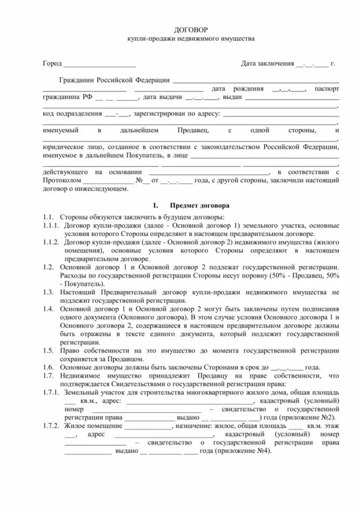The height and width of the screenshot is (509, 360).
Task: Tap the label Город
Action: click(52, 63)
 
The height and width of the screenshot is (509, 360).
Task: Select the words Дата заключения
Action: click(267, 63)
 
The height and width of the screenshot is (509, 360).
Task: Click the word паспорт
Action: click(327, 89)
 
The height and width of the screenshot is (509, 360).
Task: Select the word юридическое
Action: click(64, 147)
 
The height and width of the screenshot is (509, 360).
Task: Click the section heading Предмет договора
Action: click(199, 206)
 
